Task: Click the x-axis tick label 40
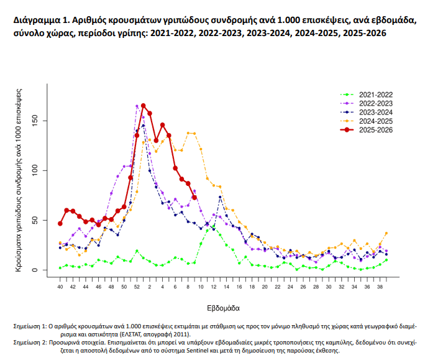click(60, 287)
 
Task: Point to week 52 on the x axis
click(137, 287)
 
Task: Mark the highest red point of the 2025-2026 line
click(144, 106)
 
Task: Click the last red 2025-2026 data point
click(194, 198)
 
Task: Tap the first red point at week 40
click(60, 223)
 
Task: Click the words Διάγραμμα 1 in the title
click(40, 21)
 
